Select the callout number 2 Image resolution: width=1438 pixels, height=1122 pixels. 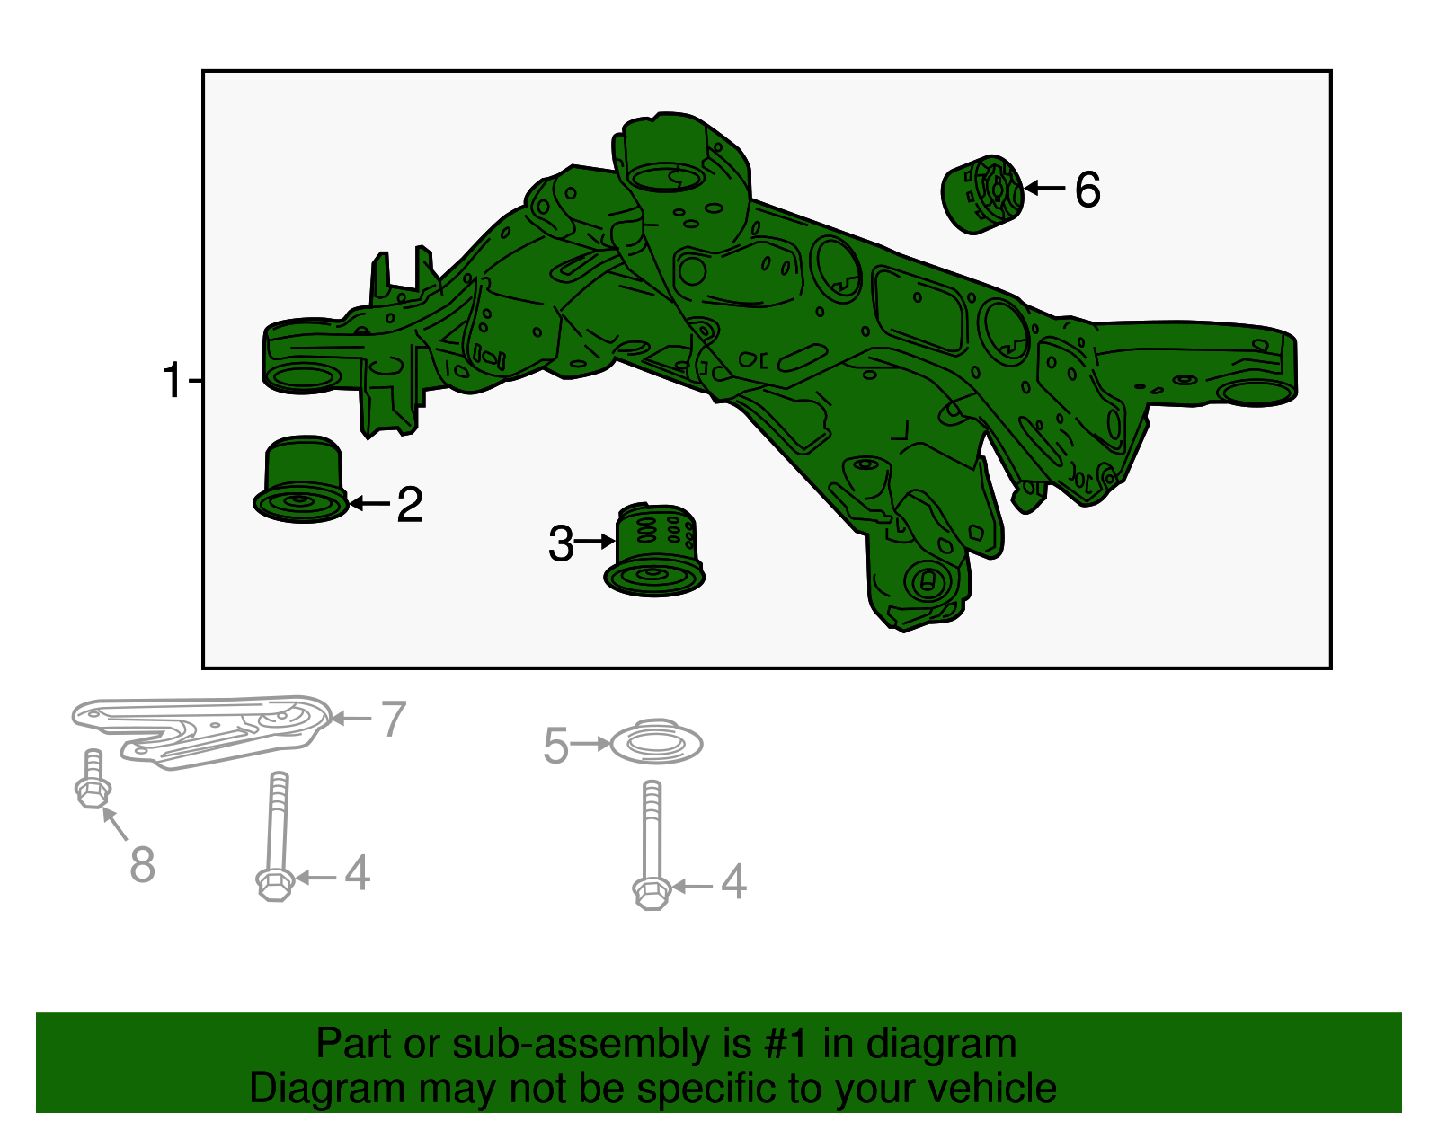[410, 505]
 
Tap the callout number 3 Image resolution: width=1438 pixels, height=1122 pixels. [561, 543]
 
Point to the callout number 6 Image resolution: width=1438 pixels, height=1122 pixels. [1087, 190]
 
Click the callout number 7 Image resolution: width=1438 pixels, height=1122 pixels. [393, 719]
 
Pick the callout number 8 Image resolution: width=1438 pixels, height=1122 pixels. [142, 863]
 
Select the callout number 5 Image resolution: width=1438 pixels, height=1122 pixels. [555, 746]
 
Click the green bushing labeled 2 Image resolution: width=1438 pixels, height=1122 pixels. [301, 479]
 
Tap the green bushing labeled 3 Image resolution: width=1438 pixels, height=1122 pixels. [654, 550]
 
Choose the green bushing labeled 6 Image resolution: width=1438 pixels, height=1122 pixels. [982, 194]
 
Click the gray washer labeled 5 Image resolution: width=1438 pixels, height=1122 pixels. [656, 741]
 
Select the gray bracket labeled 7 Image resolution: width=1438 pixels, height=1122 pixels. [202, 730]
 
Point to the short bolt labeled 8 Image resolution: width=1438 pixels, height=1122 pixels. [93, 779]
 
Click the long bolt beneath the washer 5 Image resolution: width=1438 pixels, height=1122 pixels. [652, 845]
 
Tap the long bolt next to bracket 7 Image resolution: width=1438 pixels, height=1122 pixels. [276, 836]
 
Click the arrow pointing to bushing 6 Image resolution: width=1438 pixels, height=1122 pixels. [1044, 189]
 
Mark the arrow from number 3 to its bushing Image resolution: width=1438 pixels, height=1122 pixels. [595, 542]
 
